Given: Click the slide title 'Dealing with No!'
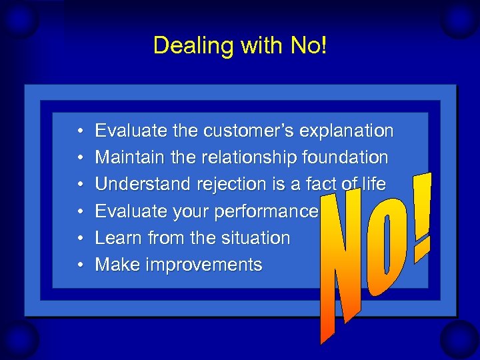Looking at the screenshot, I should [x=240, y=45].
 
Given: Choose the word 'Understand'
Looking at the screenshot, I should [x=139, y=185].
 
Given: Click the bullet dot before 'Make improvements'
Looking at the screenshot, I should [x=79, y=265].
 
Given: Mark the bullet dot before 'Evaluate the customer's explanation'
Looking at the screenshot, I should [x=79, y=131].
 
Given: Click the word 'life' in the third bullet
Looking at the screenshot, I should [x=373, y=184].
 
